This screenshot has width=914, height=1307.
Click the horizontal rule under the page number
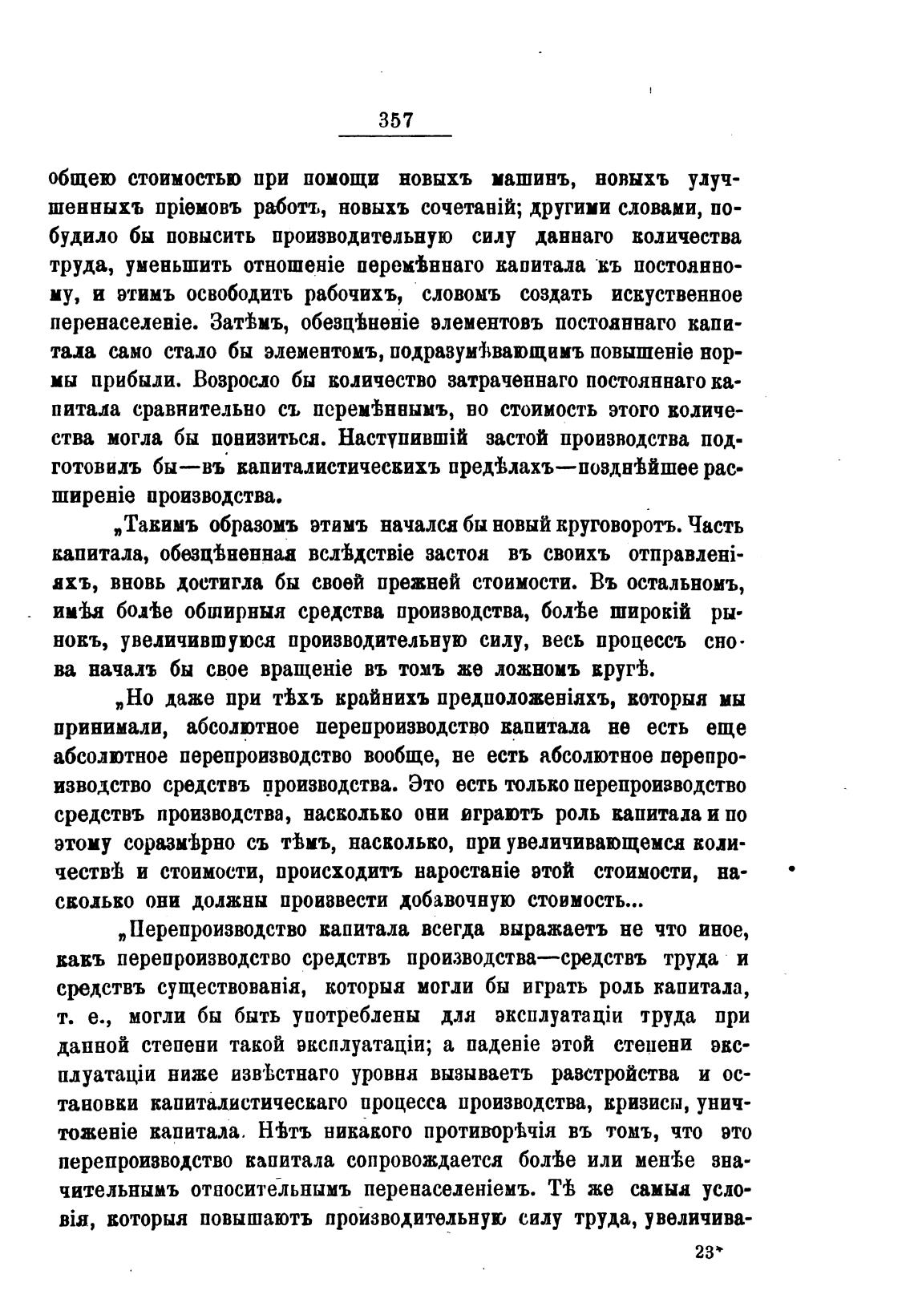point(396,136)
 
